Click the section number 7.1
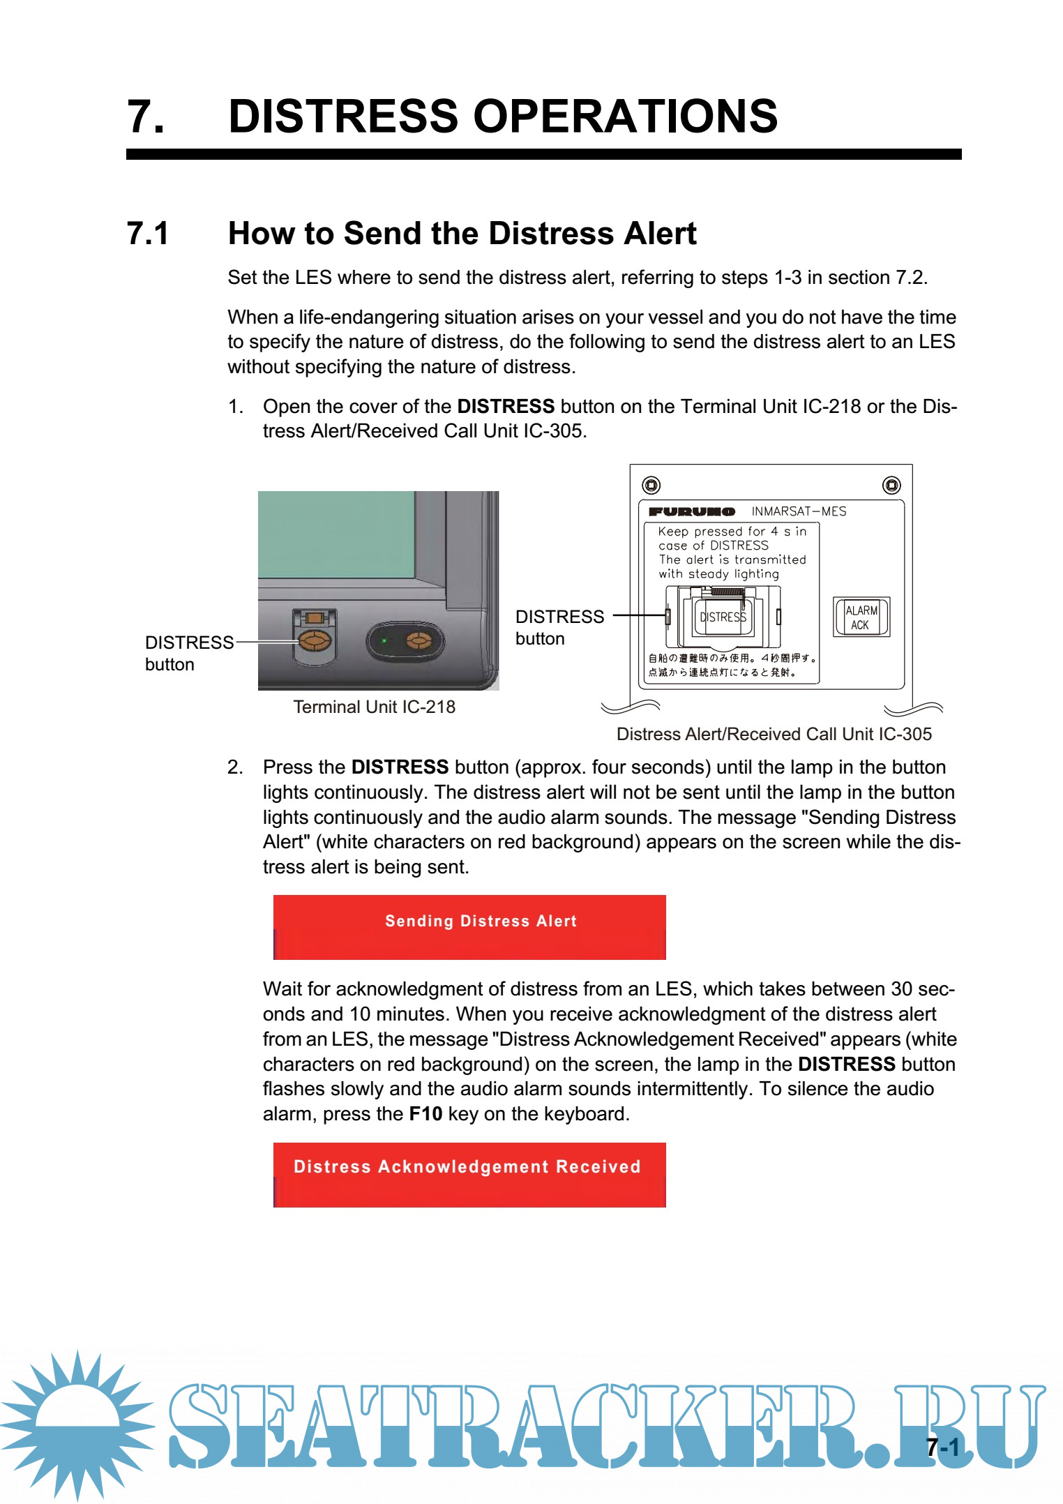tap(148, 234)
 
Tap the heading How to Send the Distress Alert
tap(462, 234)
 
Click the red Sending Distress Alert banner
tap(469, 926)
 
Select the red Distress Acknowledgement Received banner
tap(469, 1174)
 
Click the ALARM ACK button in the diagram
tap(861, 617)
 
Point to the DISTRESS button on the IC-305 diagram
tap(723, 617)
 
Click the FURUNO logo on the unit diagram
tap(691, 511)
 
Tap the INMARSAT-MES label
tap(799, 511)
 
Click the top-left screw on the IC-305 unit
tap(651, 485)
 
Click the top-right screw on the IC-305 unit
tap(891, 485)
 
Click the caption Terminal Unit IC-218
tap(374, 707)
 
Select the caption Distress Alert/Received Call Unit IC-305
tap(774, 734)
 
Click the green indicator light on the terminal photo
tap(384, 640)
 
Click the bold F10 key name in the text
tap(425, 1113)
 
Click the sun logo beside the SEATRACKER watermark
tap(77, 1423)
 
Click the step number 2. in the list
tap(235, 767)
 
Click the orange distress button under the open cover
tap(315, 640)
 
